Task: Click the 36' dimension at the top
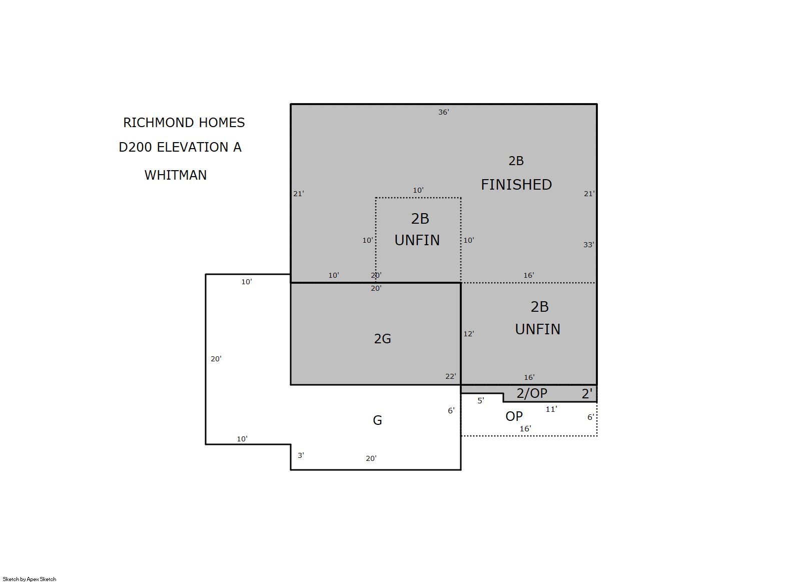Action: pos(444,112)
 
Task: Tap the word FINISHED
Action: pos(516,185)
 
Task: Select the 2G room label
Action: pos(382,339)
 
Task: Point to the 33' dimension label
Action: pos(589,245)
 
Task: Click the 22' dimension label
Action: pos(451,376)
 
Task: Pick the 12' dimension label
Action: pos(469,334)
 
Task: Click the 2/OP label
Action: pos(532,393)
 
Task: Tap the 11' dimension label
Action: pos(551,409)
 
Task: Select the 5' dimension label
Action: pos(481,401)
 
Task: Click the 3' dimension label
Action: pos(301,455)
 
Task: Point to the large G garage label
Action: pos(377,420)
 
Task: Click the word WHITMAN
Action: pos(176,175)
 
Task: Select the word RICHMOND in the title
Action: pos(159,123)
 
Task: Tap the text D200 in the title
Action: pos(136,147)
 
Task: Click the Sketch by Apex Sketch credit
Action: pos(30,579)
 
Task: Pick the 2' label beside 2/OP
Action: pos(587,394)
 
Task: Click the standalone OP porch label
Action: pos(514,416)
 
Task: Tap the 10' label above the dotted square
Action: pos(418,191)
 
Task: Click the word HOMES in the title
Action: pos(222,123)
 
